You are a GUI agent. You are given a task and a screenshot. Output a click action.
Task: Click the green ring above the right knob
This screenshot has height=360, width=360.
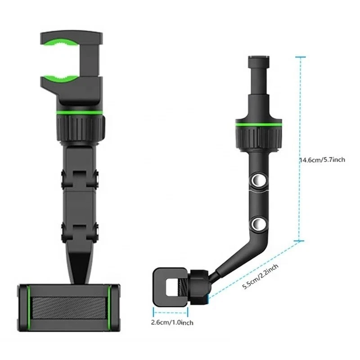258,122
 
